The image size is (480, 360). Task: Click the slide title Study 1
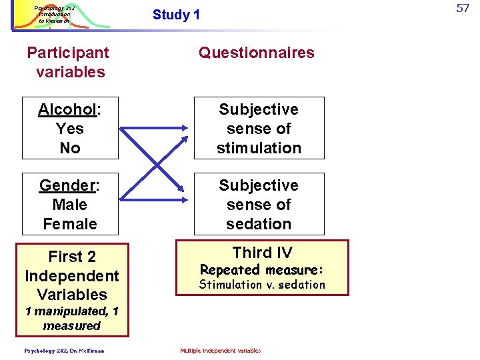tap(176, 15)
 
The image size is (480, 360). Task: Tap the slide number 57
tap(463, 9)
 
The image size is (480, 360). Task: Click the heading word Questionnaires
tap(257, 53)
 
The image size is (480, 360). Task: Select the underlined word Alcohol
tap(67, 109)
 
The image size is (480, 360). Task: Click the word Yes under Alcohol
tap(70, 129)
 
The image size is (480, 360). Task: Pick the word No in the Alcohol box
tap(70, 148)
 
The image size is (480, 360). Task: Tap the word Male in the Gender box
tap(70, 205)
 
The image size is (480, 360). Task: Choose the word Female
tap(70, 224)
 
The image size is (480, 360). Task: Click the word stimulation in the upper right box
tap(259, 148)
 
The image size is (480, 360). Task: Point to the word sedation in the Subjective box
tap(259, 224)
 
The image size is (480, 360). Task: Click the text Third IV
tap(262, 253)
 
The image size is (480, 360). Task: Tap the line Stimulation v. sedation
tap(262, 285)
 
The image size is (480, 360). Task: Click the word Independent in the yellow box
tap(72, 276)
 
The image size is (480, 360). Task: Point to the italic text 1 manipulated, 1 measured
tap(72, 319)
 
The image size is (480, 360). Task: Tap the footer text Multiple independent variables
tap(221, 351)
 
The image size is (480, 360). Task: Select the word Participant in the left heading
tap(68, 53)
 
